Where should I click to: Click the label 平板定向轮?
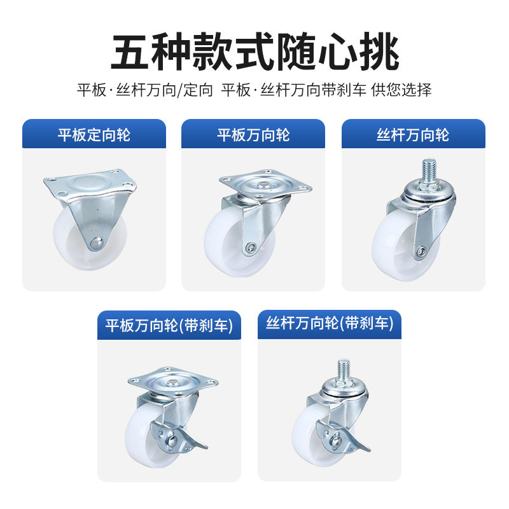coord(94,135)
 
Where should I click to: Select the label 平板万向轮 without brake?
coord(253,135)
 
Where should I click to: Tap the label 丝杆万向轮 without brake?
coord(413,135)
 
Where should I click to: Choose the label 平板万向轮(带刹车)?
coord(169,326)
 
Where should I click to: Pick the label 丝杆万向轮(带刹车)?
coord(329,324)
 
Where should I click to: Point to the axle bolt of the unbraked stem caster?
coord(419,253)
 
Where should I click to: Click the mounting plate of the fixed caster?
coord(90,184)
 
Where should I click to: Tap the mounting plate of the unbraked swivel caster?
coord(266,183)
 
